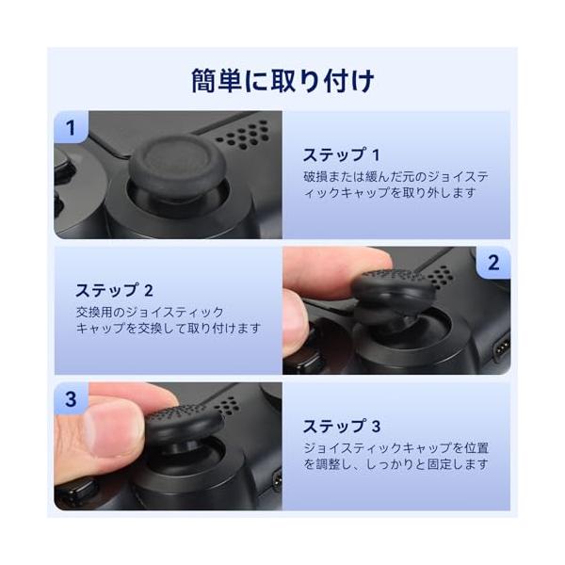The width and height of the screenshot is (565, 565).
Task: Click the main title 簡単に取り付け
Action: pyautogui.click(x=282, y=81)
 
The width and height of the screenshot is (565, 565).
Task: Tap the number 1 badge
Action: pyautogui.click(x=71, y=127)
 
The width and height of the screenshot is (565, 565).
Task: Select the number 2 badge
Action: pyautogui.click(x=493, y=263)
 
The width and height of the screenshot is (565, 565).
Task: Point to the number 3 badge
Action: pyautogui.click(x=71, y=399)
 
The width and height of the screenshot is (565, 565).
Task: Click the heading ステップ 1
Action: pyautogui.click(x=341, y=155)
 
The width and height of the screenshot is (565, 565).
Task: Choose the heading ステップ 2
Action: pyautogui.click(x=114, y=290)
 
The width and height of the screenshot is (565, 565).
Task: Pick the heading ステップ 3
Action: pyautogui.click(x=342, y=427)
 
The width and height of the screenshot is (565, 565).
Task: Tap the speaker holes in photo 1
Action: pyautogui.click(x=243, y=135)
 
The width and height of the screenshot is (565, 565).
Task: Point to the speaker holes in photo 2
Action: pyautogui.click(x=440, y=275)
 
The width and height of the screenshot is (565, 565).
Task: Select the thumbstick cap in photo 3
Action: pyautogui.click(x=185, y=422)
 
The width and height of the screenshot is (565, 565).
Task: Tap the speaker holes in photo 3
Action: pyautogui.click(x=226, y=405)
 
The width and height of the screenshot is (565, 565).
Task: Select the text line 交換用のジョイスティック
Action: pyautogui.click(x=150, y=312)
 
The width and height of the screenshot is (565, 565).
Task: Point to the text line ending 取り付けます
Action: pyautogui.click(x=169, y=329)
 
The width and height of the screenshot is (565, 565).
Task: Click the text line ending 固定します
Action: pyautogui.click(x=395, y=464)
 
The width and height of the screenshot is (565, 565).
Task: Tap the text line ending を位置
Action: pyautogui.click(x=395, y=448)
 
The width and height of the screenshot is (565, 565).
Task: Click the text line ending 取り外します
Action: pyautogui.click(x=390, y=193)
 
